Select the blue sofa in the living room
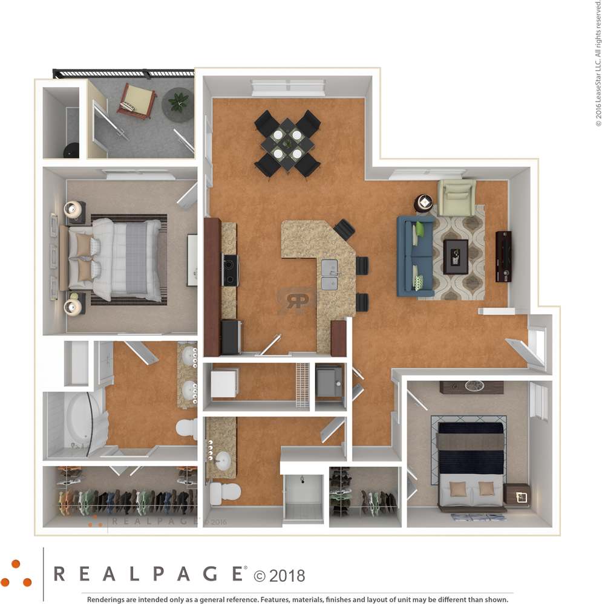[415, 256]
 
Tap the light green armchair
[456, 197]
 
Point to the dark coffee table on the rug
[456, 256]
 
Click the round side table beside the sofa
[424, 203]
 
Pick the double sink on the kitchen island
[329, 275]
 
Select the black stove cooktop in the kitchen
[231, 270]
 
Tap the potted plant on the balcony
[178, 102]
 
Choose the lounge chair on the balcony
[137, 100]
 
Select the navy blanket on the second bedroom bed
[470, 462]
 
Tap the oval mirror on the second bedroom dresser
[475, 385]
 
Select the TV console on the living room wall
[503, 256]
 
